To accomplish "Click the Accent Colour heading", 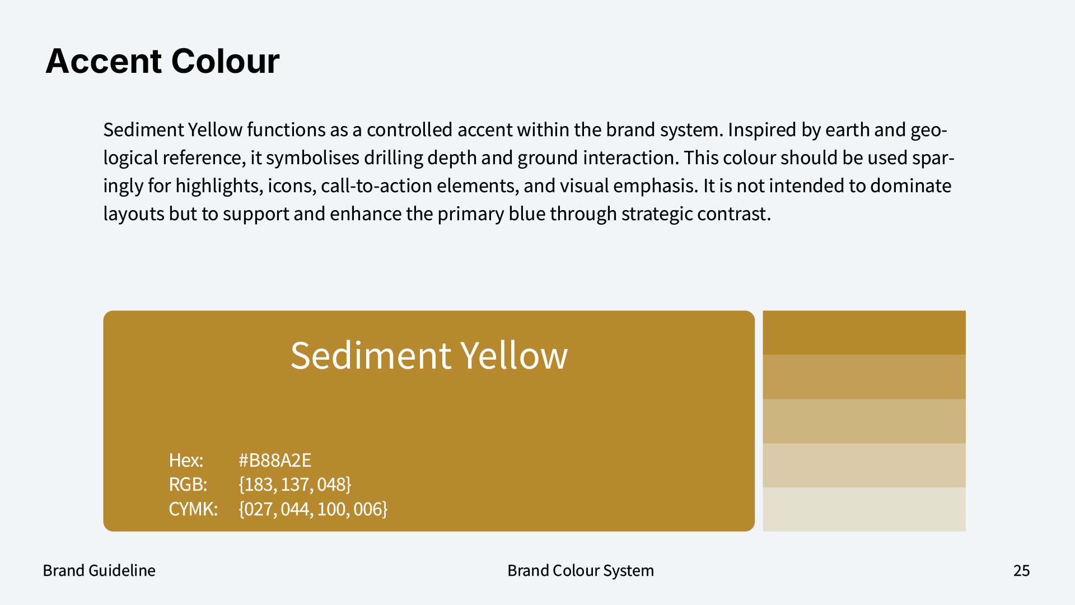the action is (162, 61).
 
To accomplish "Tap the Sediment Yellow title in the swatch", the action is (429, 356).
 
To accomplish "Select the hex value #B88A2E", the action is (275, 460).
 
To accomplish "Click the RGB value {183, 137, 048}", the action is (295, 484).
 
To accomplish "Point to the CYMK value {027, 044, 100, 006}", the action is (313, 509).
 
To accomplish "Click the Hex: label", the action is (186, 460).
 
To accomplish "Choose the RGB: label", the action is (188, 484).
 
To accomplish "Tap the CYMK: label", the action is (193, 509).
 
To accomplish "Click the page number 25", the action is (1022, 570).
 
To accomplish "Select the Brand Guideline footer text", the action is (99, 570).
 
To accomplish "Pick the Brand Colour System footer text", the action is (581, 570).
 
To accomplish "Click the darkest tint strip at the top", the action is (864, 333).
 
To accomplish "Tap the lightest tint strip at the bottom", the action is (864, 509).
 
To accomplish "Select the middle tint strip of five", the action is (864, 421).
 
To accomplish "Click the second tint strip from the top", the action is (864, 377).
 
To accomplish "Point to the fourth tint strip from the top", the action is (864, 466).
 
